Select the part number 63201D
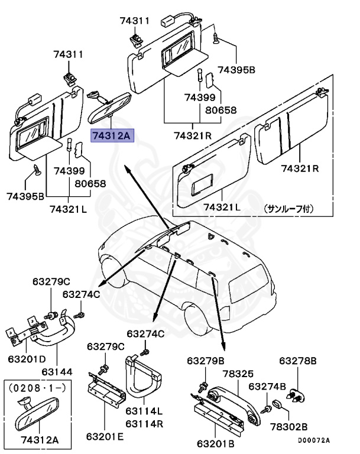pyautogui.click(x=27, y=359)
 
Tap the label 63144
pyautogui.click(x=57, y=372)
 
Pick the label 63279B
pyautogui.click(x=206, y=361)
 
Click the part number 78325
pyautogui.click(x=238, y=374)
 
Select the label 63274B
pyautogui.click(x=267, y=386)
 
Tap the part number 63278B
pyautogui.click(x=298, y=361)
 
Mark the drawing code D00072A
pyautogui.click(x=313, y=440)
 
